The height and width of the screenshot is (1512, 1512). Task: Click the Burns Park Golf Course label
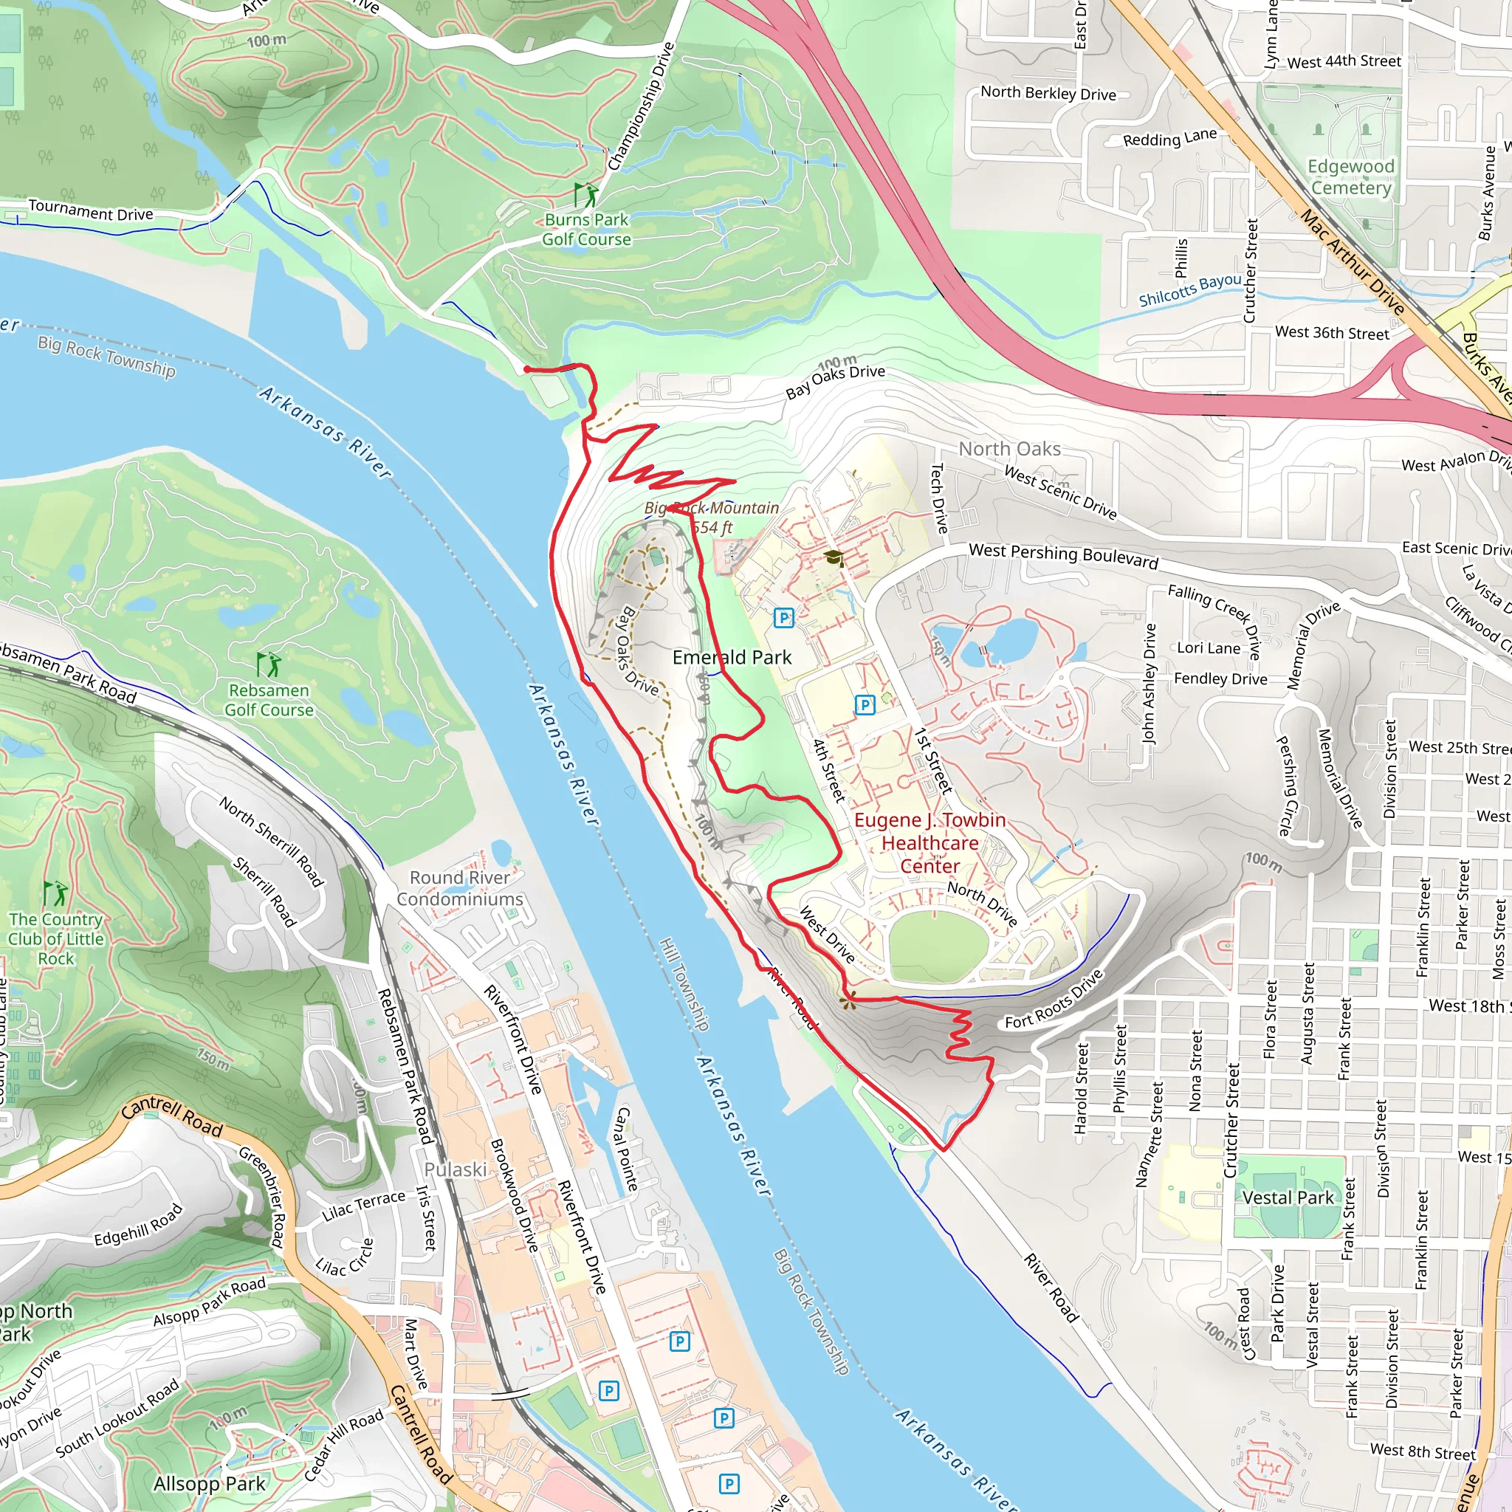tap(587, 230)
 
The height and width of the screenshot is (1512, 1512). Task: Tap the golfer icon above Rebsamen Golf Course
tap(269, 664)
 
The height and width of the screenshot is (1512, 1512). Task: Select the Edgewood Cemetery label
tap(1351, 177)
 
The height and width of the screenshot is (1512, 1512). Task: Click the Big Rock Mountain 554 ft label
tap(712, 518)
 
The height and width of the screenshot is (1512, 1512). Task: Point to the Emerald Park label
tap(732, 657)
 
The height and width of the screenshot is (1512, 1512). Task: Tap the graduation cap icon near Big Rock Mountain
tap(833, 557)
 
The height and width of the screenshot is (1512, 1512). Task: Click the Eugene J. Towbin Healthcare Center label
tap(929, 843)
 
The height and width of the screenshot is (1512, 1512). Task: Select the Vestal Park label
tap(1288, 1197)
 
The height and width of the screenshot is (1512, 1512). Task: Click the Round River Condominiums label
tap(459, 888)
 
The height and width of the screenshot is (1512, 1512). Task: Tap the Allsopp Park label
tap(209, 1484)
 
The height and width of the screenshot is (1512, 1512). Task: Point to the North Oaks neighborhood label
tap(1009, 448)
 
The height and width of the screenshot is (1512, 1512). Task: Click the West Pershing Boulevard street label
tap(1063, 555)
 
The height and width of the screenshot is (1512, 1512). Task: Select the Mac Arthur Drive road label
tap(1353, 261)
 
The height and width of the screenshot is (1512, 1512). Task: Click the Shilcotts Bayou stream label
tap(1189, 289)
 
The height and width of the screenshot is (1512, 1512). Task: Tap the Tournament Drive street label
tap(91, 210)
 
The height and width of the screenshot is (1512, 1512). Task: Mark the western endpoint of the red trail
tap(526, 369)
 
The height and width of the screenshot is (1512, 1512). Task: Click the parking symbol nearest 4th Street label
tap(864, 705)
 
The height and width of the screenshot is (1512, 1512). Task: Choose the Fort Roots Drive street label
tap(1054, 1000)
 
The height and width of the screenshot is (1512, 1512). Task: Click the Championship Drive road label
tap(641, 107)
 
